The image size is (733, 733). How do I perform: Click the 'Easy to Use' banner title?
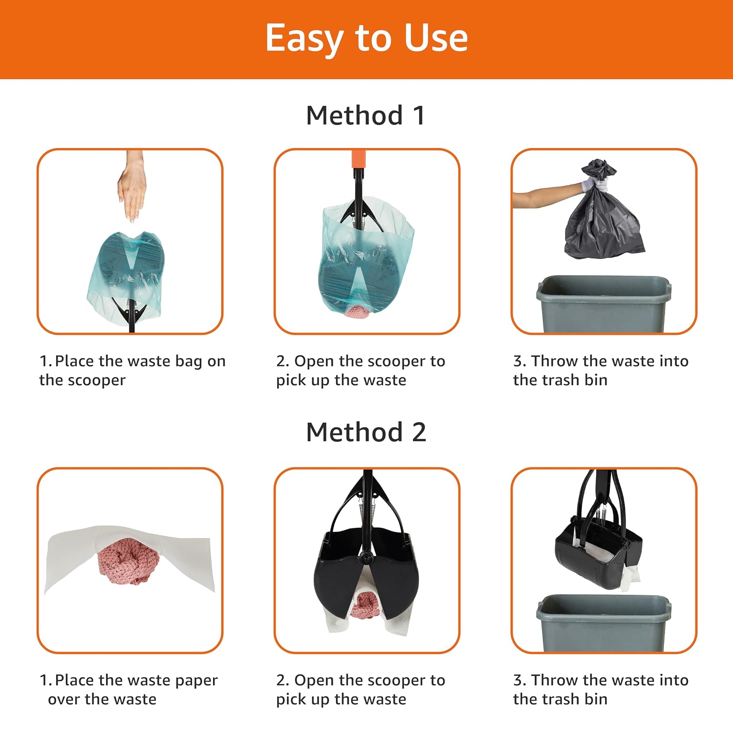tap(366, 38)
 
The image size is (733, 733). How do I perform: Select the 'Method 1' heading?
tap(366, 116)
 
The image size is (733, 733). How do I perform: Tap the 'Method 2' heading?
tap(366, 432)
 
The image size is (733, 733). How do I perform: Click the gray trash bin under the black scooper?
tap(604, 623)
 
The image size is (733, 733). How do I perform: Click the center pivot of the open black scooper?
tap(366, 556)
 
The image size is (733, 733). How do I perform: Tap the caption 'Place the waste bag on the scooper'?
tap(132, 370)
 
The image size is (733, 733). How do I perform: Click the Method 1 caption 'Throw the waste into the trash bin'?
tap(601, 370)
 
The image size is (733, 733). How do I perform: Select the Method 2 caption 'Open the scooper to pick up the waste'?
tap(361, 690)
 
